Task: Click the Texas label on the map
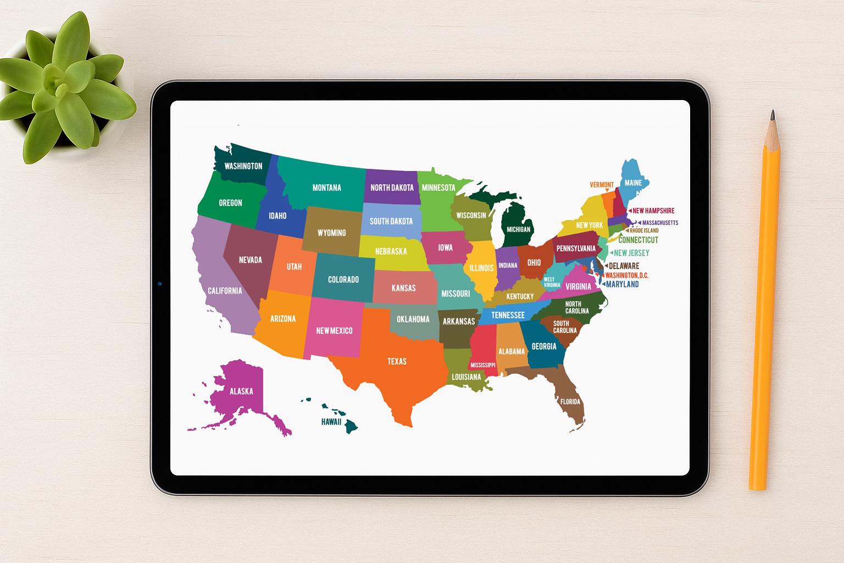[397, 361]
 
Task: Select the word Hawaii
[331, 422]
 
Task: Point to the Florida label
[570, 401]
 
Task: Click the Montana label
[326, 187]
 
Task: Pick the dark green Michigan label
[518, 229]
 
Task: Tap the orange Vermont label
[602, 185]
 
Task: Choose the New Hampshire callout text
[653, 211]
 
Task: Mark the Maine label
[633, 183]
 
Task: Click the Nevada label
[250, 260]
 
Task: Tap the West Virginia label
[552, 282]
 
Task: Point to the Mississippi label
[483, 365]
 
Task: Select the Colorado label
[343, 279]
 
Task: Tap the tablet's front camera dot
[159, 284]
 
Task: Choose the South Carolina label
[564, 327]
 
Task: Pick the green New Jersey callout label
[631, 253]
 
